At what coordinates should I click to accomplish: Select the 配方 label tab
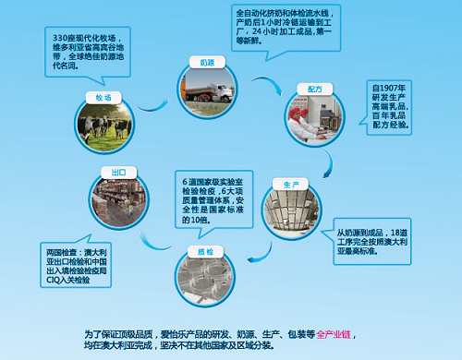tap(309, 88)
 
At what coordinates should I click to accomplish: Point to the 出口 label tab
tap(119, 172)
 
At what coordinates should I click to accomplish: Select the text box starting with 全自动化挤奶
tap(282, 29)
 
